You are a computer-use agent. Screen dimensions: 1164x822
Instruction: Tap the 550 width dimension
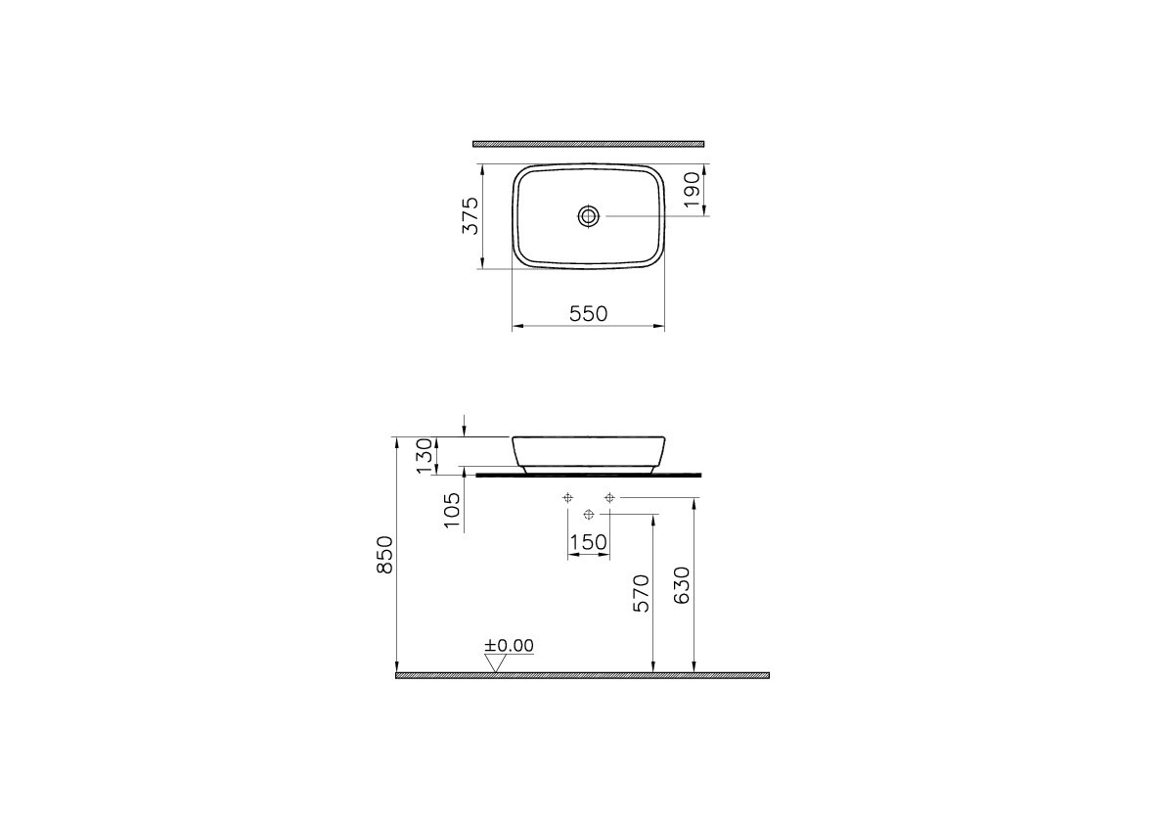point(589,314)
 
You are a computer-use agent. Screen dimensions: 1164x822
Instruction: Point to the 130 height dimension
point(424,455)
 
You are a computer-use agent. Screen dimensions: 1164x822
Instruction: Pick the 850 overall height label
point(385,554)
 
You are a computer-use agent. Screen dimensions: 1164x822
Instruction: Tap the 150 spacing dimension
point(588,543)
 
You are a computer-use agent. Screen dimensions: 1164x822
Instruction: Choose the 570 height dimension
point(641,593)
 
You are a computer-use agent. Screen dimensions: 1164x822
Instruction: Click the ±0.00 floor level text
point(510,646)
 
